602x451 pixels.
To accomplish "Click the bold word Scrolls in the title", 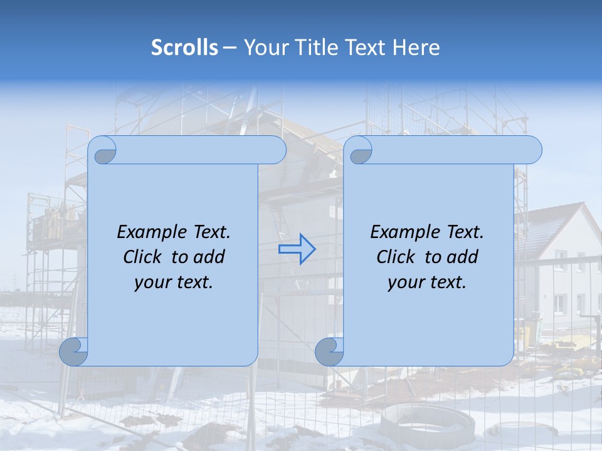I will point(184,47).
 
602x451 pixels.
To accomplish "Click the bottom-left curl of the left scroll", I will point(73,351).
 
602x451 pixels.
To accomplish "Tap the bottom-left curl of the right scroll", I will point(329,351).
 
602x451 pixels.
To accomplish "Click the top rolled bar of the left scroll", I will point(201,150).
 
